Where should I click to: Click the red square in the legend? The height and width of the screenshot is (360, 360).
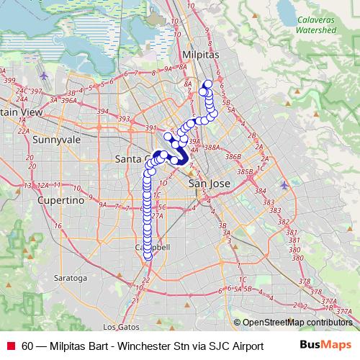[x=10, y=346]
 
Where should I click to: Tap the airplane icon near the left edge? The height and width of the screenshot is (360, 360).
[x=45, y=75]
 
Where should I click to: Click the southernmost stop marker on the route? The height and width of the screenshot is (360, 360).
[x=148, y=255]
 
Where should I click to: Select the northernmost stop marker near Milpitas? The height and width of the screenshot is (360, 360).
[x=208, y=84]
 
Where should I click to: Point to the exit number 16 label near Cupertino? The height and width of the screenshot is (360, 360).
[x=56, y=225]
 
